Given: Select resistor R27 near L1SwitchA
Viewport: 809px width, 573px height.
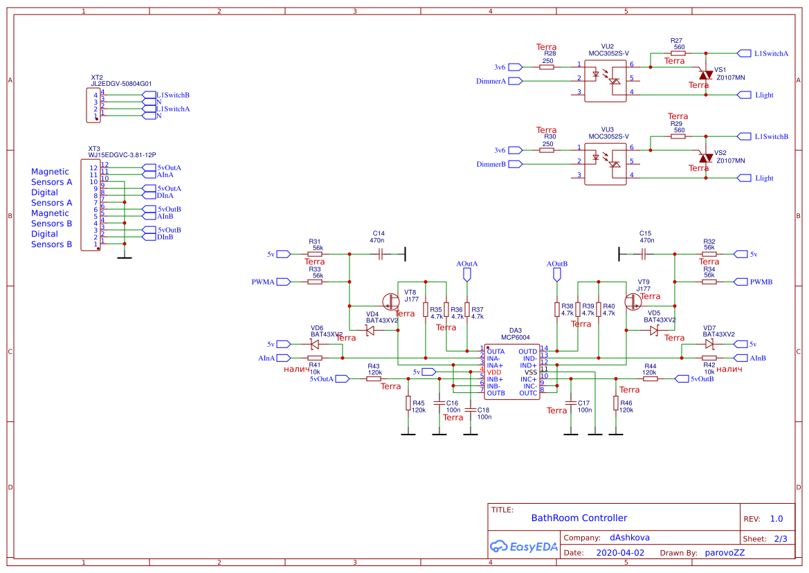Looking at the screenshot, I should (678, 53).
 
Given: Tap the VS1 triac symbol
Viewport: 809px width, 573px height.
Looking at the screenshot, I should (705, 74).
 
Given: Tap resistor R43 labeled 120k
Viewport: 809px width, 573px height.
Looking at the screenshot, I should (374, 379).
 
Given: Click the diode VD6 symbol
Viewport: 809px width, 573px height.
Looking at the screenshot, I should (315, 343).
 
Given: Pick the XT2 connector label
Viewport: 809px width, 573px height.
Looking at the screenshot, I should (97, 78).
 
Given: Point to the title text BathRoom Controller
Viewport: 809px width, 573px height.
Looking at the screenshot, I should (579, 518).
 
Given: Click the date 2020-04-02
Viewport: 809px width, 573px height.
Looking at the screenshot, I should (620, 553).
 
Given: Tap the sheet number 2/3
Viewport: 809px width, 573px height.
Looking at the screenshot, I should (780, 538).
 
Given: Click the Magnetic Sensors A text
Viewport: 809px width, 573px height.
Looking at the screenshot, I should (51, 177).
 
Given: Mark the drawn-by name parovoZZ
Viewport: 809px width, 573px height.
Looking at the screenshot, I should (725, 553).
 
